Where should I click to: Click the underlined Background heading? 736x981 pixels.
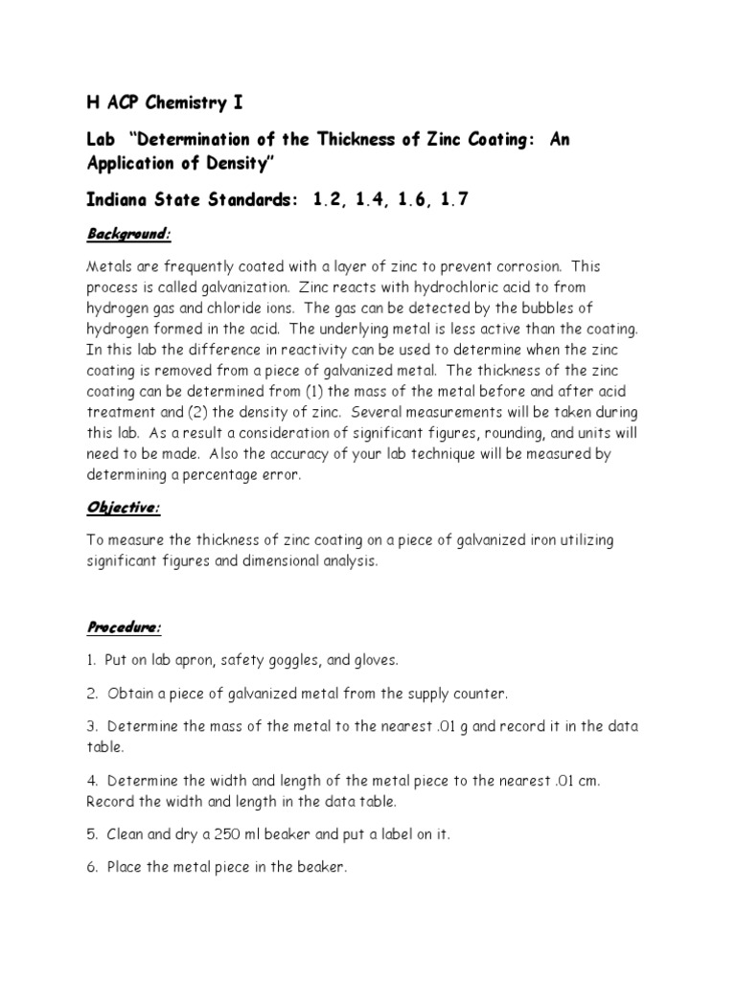[x=128, y=234]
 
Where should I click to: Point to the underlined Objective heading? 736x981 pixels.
[x=124, y=508]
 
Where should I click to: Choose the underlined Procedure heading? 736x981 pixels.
[x=125, y=627]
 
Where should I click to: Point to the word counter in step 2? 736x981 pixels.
[x=477, y=693]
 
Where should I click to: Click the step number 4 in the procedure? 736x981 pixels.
[x=90, y=781]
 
